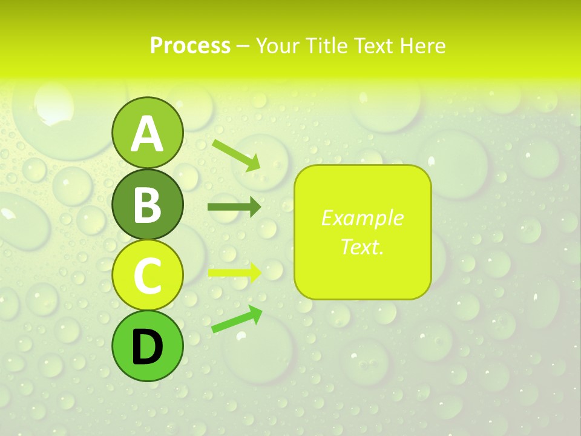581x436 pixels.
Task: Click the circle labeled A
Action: [x=147, y=134]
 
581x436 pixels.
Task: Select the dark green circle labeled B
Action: [x=147, y=205]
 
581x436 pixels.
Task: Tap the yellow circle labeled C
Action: [x=147, y=276]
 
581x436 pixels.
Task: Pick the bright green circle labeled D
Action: [x=147, y=346]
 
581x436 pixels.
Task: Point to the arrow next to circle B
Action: [x=234, y=207]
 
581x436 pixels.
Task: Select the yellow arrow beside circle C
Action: [x=234, y=272]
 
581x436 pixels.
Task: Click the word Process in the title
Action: [x=190, y=45]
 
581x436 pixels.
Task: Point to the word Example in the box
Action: [x=362, y=218]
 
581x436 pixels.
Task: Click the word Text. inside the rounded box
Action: [x=362, y=246]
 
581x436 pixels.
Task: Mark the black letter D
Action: [x=147, y=347]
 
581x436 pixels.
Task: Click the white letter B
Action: [x=147, y=205]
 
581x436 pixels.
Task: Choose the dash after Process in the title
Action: [x=243, y=46]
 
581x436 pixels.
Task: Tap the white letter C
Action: [x=147, y=276]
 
